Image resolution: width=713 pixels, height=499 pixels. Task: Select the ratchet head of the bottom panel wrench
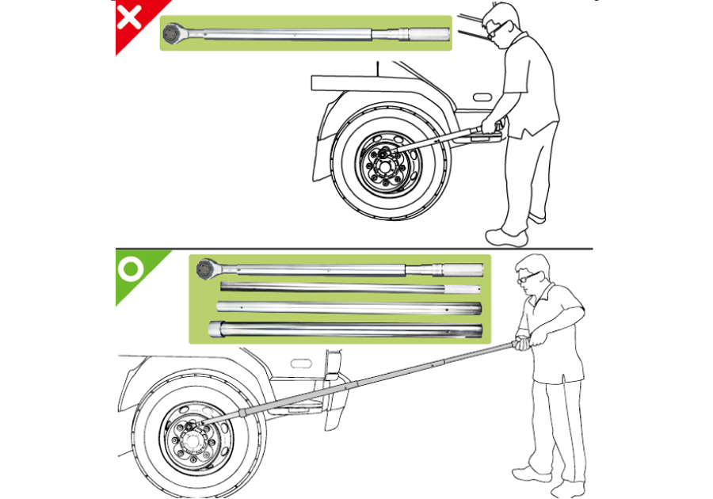point(206,268)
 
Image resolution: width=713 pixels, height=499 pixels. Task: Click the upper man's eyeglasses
point(493,29)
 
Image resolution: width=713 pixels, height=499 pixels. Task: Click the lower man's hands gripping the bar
point(523,342)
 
